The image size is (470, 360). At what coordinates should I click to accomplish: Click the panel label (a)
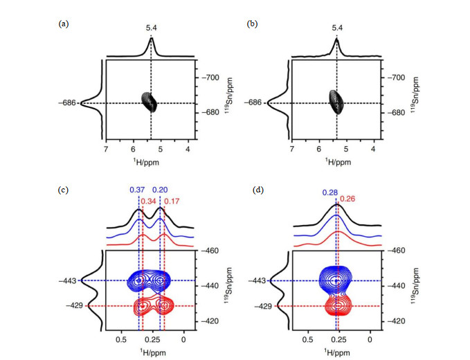coord(64,24)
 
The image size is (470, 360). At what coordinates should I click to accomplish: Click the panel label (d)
coord(258,190)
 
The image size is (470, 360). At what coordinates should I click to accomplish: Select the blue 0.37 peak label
coord(137,190)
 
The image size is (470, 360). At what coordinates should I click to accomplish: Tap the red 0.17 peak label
coord(172,201)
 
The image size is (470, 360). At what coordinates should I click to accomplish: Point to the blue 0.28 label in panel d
coord(330,192)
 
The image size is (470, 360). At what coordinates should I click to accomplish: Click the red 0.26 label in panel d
coord(347,199)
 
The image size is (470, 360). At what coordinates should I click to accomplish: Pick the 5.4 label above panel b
coord(337,28)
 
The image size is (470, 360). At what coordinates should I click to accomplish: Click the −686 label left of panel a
coord(67,103)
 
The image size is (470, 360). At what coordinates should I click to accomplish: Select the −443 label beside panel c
coord(68,281)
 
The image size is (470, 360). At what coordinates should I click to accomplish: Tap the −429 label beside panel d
coord(263,306)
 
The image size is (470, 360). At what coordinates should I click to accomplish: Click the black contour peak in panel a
coord(149,102)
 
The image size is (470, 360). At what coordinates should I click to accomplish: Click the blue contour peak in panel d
coord(335,280)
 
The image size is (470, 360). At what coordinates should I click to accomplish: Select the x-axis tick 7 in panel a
coord(106,149)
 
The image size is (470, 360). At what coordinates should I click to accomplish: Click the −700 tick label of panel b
coord(396,78)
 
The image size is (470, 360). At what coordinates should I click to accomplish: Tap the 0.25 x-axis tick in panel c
coord(152,339)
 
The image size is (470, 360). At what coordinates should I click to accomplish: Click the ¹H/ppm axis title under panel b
coord(338,162)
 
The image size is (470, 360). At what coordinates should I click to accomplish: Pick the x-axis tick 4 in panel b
coord(373,149)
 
